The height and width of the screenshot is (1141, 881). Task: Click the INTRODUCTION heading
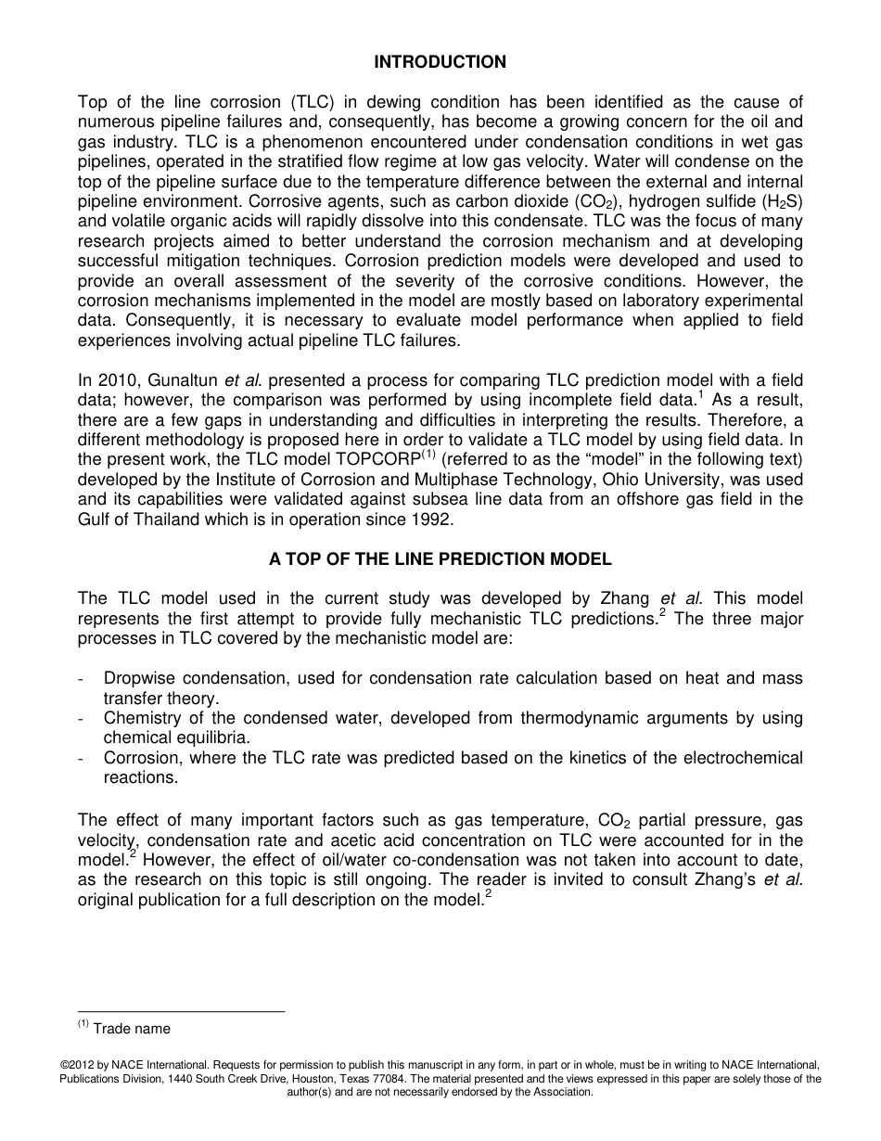pyautogui.click(x=440, y=62)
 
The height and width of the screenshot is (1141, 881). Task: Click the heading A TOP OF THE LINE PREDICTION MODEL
pyautogui.click(x=440, y=559)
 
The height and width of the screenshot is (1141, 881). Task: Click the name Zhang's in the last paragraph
pyautogui.click(x=723, y=880)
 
